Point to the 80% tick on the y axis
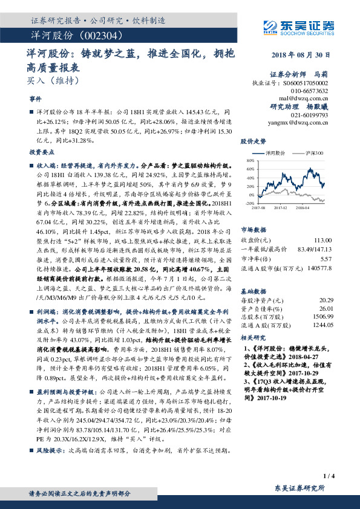(x=250, y=161)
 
